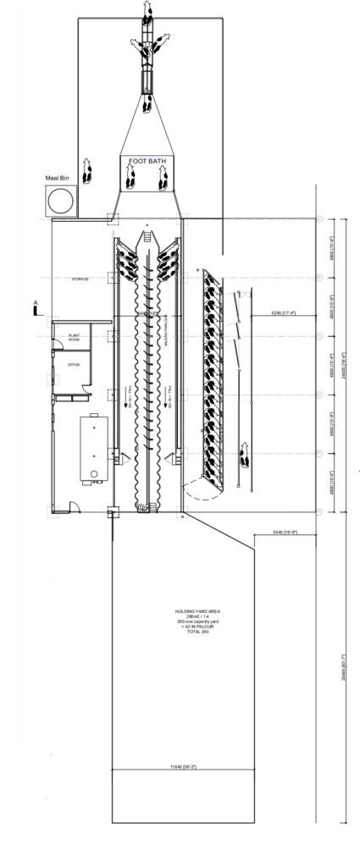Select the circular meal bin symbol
60,201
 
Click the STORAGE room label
81,278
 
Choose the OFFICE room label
74,364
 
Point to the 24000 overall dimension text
341,366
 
